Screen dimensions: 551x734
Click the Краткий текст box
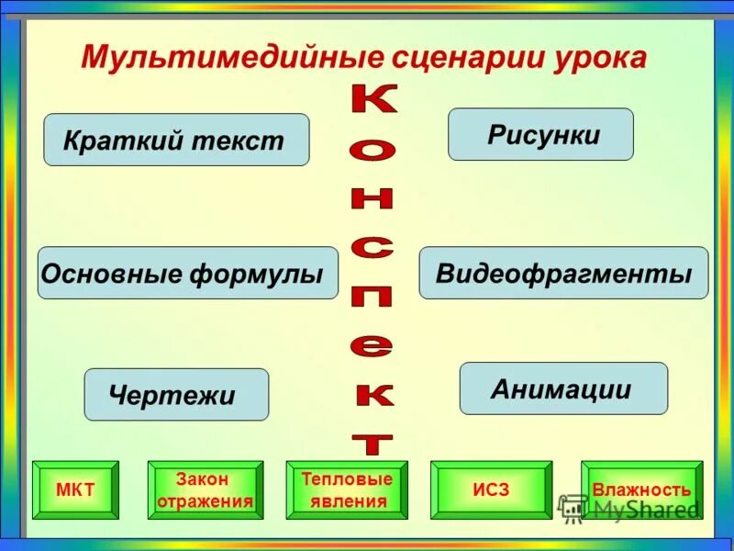click(x=176, y=141)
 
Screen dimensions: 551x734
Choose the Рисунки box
click(x=540, y=135)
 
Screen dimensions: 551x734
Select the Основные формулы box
click(x=187, y=273)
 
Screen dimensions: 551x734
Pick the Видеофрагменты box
click(x=563, y=273)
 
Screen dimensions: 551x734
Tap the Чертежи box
click(x=176, y=395)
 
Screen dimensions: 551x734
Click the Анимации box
click(x=562, y=388)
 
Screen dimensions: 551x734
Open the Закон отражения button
click(x=205, y=489)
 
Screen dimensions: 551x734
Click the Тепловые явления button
click(x=347, y=489)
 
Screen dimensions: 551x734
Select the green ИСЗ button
click(x=491, y=489)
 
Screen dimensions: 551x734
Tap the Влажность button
click(x=641, y=489)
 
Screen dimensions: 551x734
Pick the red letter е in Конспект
click(x=373, y=346)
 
